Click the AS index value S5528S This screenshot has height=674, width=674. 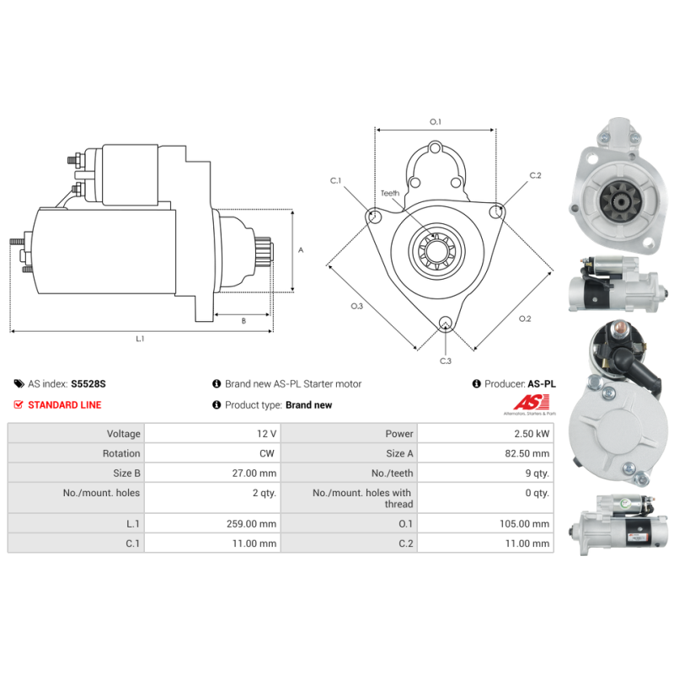(88, 383)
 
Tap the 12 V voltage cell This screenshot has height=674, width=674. (266, 434)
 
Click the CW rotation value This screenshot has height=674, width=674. (269, 453)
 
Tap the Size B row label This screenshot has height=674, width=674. (126, 473)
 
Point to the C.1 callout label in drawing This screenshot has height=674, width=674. (335, 180)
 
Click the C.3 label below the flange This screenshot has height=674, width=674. (446, 361)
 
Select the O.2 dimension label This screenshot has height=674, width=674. (525, 318)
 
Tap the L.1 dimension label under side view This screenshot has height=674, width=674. (141, 339)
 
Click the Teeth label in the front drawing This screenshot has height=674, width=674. (389, 193)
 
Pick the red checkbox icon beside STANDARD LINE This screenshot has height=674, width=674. (19, 404)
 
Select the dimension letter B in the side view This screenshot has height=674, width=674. (243, 320)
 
